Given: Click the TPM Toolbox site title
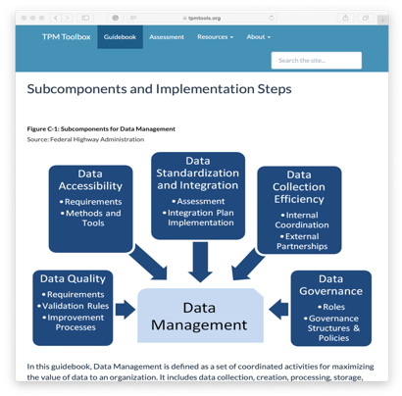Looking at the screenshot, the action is click(x=67, y=37).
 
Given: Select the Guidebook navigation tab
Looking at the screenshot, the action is click(x=120, y=37).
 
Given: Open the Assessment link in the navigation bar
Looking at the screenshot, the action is click(x=167, y=37).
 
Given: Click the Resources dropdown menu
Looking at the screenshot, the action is click(x=215, y=37).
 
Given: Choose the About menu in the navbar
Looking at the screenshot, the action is click(x=259, y=37).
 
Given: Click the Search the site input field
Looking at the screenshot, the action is click(x=317, y=61).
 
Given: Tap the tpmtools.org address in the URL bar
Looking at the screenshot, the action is click(x=204, y=18).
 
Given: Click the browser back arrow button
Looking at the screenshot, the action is click(x=56, y=18).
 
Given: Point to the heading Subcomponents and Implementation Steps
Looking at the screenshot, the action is click(x=159, y=89).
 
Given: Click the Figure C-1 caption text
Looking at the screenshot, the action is click(x=101, y=128).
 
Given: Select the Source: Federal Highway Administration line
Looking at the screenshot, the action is click(x=85, y=139).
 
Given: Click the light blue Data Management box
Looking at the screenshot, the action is click(x=200, y=316).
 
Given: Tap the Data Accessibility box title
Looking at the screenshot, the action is click(x=90, y=179).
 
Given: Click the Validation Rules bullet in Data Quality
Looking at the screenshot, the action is click(x=74, y=306).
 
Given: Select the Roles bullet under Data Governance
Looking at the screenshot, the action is click(x=331, y=307).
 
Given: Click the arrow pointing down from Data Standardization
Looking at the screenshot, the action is click(x=200, y=262).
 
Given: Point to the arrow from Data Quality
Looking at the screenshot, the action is click(x=126, y=310).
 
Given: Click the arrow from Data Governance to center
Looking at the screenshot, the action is click(x=278, y=310).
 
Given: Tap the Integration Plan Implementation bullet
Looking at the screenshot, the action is click(x=198, y=218).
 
